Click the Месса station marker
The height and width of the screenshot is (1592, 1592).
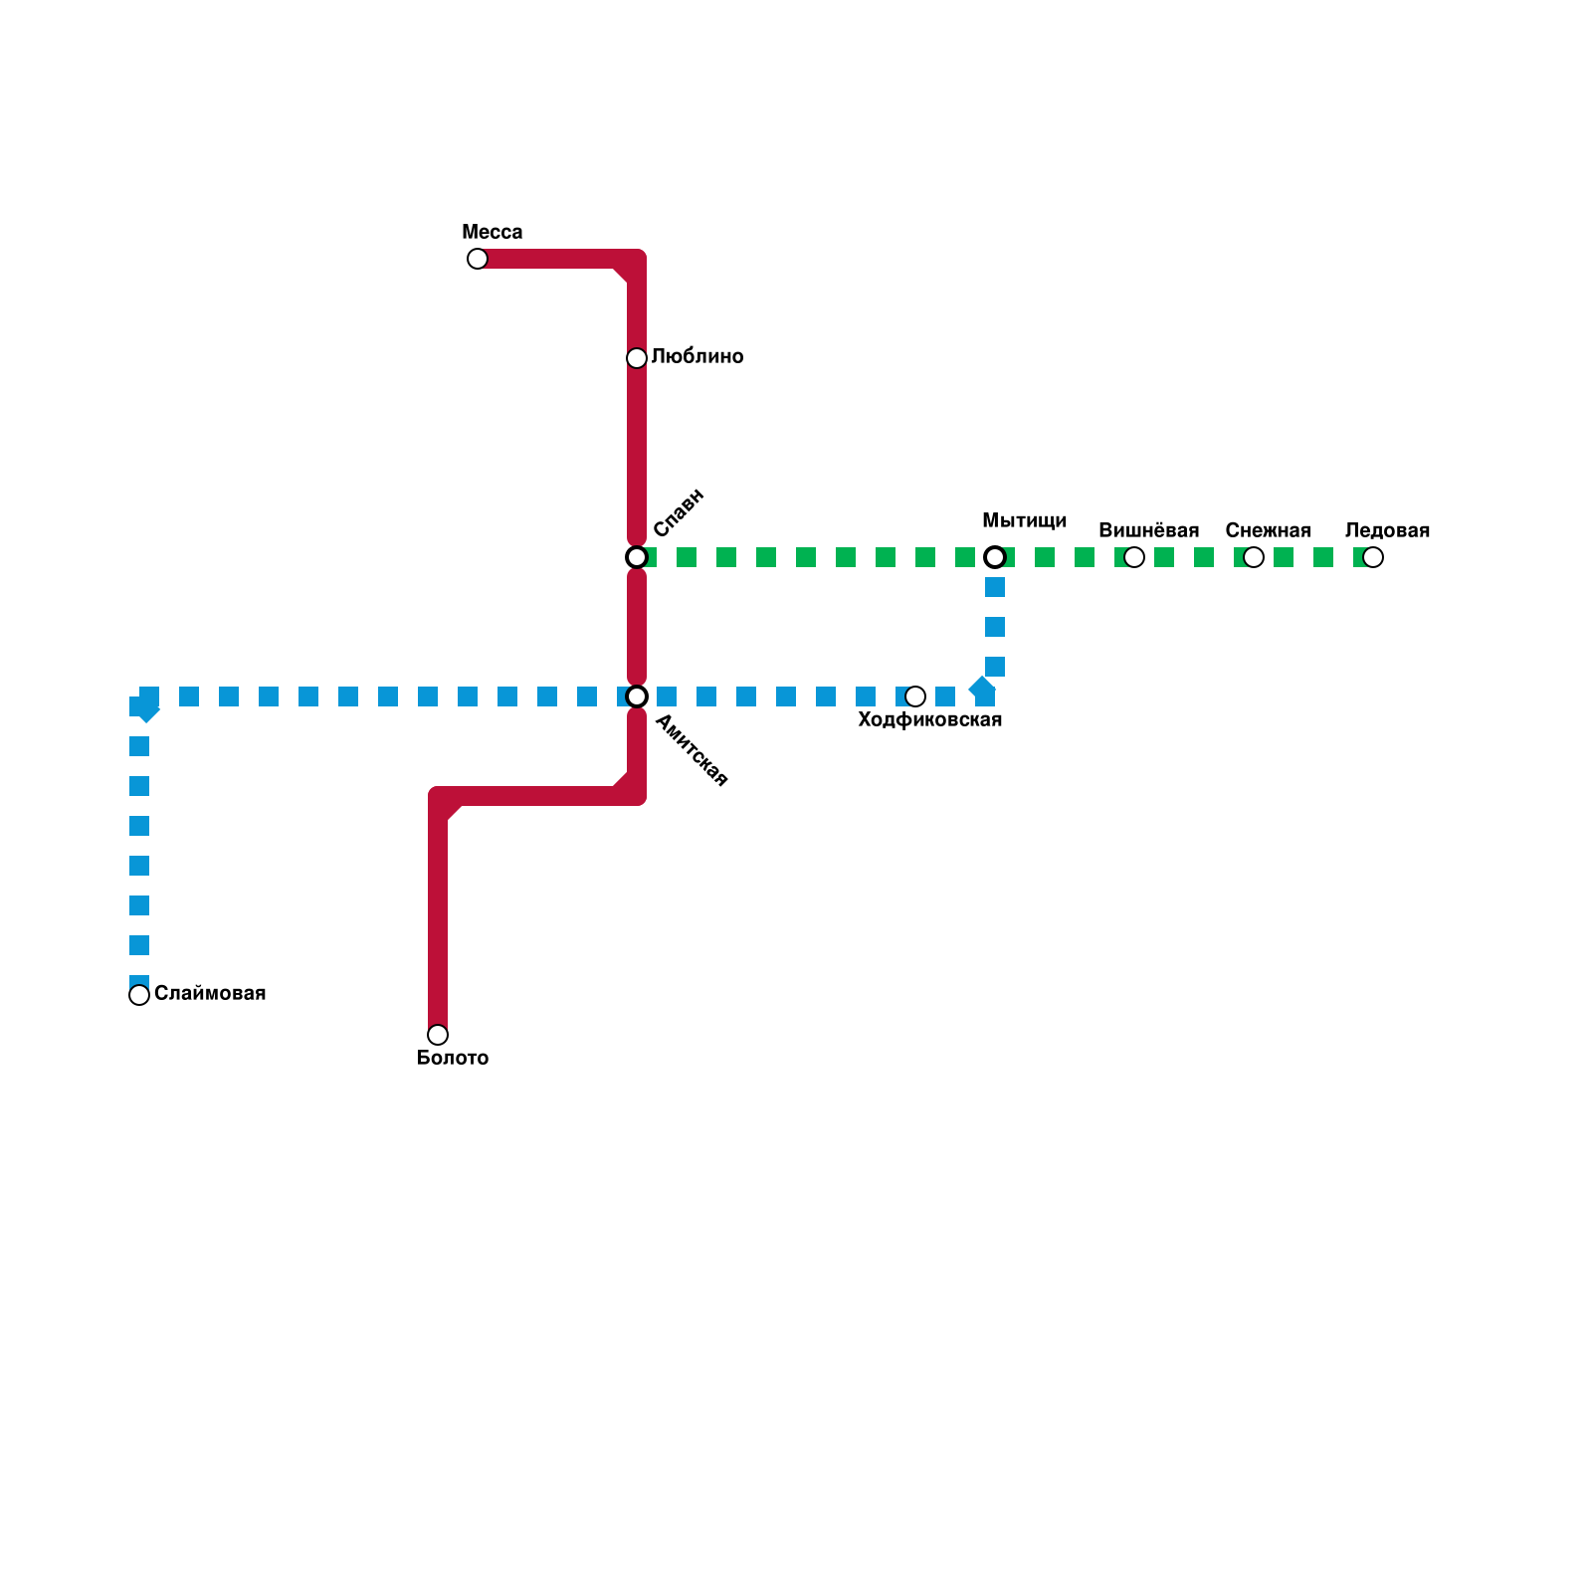[478, 259]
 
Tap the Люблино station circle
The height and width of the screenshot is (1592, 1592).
[637, 358]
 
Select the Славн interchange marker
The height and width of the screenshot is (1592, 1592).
[637, 557]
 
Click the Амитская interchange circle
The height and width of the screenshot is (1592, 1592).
[637, 696]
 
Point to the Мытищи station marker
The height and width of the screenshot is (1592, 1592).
[995, 557]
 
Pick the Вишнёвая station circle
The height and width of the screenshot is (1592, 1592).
[1134, 557]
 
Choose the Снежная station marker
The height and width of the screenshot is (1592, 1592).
[1254, 557]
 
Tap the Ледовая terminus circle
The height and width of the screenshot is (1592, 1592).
[1373, 557]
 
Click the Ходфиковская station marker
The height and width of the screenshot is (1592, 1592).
[915, 696]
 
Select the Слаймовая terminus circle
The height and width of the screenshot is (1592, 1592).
[139, 995]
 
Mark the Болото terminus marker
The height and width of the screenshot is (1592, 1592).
[438, 1035]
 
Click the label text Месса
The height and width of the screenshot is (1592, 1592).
[492, 232]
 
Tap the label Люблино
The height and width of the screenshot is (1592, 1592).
[697, 356]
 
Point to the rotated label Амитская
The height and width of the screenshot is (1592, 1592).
[692, 751]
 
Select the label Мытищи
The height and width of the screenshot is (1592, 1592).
[1024, 520]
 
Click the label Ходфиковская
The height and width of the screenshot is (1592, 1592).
[929, 719]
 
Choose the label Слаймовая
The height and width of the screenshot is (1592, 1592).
[210, 993]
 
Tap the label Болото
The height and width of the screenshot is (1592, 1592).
[452, 1058]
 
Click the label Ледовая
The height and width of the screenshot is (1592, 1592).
[1387, 530]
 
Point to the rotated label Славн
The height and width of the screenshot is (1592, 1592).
[679, 512]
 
